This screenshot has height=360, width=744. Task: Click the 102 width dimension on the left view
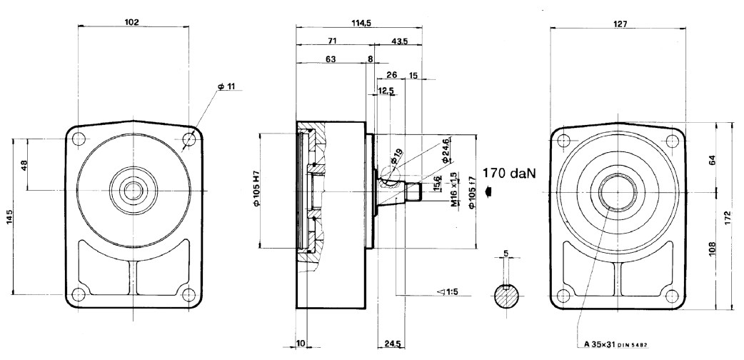coord(131,21)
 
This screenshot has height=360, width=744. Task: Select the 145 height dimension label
coord(9,216)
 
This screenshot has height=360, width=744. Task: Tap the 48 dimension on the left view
coord(24,165)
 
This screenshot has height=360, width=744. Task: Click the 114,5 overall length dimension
coord(361,23)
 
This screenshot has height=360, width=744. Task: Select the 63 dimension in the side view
coord(331,60)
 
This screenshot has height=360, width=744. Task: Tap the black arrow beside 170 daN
coord(488,190)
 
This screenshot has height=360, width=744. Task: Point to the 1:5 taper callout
coord(449,291)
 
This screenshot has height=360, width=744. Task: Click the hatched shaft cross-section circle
coord(508,296)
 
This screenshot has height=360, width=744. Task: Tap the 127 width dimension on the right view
coord(620,24)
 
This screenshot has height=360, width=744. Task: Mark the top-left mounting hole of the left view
coord(80,138)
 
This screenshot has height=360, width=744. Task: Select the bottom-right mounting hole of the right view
coord(670,296)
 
